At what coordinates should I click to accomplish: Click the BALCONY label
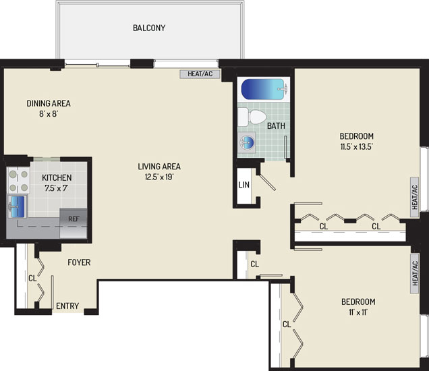149,28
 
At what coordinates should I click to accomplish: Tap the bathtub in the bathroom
264,89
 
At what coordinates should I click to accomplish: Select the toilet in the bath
252,117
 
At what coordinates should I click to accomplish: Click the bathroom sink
246,142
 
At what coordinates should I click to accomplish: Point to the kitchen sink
18,206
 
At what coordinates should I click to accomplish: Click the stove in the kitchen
18,181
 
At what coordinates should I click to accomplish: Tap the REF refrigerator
74,223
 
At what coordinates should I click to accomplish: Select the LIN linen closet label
244,185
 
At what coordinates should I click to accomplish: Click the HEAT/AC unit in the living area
200,74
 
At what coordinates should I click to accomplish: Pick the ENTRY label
67,306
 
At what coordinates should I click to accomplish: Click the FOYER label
79,262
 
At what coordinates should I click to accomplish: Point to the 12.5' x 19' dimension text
159,177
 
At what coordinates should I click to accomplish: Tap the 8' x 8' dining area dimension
49,114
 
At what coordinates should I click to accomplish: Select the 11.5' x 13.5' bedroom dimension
357,146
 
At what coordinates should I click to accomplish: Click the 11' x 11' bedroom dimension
358,312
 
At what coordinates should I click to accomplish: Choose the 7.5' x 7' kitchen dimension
57,188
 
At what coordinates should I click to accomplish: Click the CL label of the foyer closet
32,279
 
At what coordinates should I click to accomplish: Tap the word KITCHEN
57,178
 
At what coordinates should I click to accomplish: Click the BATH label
276,126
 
